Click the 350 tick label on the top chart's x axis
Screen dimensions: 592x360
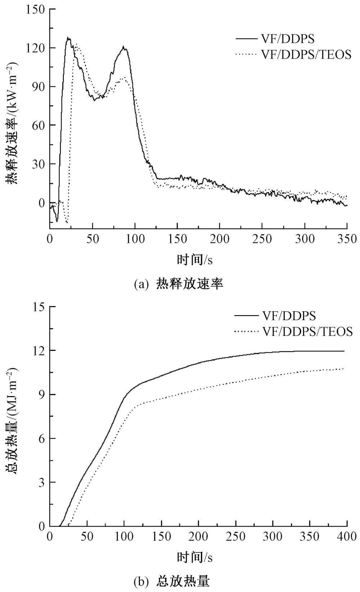346,239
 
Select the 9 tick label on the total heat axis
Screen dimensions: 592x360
41,394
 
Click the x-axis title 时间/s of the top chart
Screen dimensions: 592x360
195,259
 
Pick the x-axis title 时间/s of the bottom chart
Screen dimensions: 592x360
195,557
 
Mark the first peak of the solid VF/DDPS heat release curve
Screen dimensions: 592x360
68,38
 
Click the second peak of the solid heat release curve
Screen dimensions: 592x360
123,47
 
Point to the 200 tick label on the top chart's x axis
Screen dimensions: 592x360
220,239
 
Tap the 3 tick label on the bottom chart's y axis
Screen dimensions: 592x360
41,482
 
